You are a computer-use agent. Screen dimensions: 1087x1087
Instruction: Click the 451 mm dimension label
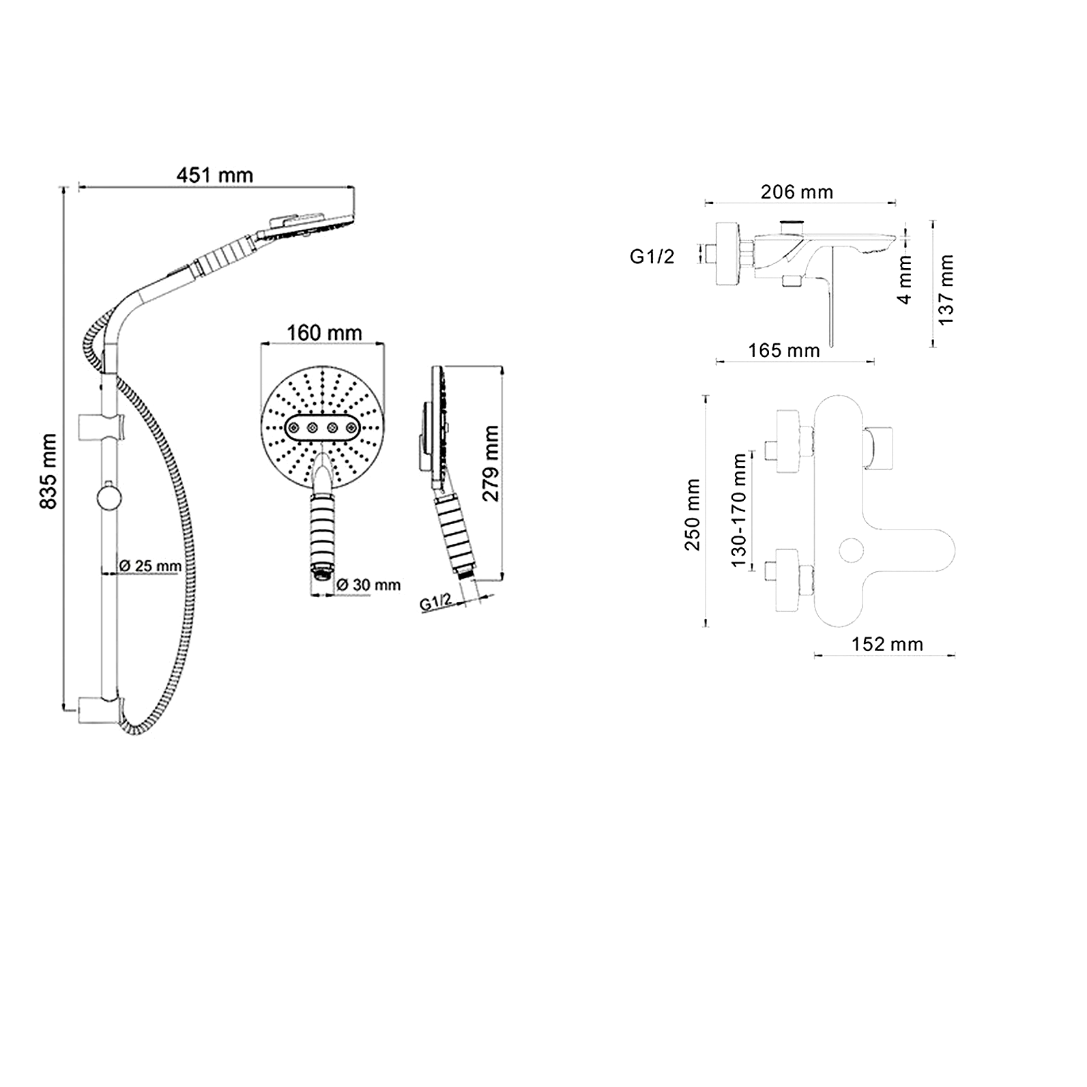(x=215, y=175)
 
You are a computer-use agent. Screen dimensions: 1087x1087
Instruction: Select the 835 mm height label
(x=48, y=471)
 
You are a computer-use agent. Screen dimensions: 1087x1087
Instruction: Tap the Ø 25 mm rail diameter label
(x=151, y=566)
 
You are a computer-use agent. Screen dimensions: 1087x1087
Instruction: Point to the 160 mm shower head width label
(x=324, y=333)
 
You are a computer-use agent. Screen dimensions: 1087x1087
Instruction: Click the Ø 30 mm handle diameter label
(x=368, y=585)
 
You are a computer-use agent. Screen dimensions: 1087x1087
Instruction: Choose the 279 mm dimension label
(x=491, y=463)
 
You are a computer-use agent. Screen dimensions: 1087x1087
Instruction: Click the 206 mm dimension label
(x=797, y=192)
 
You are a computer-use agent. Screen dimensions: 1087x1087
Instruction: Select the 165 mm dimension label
(x=784, y=351)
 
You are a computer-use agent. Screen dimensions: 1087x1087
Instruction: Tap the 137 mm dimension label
(x=946, y=289)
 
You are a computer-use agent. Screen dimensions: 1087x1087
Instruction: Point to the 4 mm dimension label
(x=905, y=279)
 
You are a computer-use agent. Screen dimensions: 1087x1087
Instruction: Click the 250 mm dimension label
(x=693, y=514)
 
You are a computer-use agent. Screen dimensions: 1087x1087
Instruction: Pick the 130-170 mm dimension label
(x=738, y=510)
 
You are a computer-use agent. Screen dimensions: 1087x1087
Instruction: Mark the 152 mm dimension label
(x=887, y=644)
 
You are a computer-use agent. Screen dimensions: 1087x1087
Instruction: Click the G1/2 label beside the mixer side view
(x=652, y=257)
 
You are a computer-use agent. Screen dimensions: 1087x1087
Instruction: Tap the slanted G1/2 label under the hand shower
(x=436, y=601)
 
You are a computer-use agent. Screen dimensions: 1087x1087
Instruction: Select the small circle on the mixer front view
(x=852, y=550)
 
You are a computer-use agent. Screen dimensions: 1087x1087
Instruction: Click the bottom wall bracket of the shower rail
(x=102, y=708)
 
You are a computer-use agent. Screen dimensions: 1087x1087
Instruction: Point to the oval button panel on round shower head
(x=322, y=428)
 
